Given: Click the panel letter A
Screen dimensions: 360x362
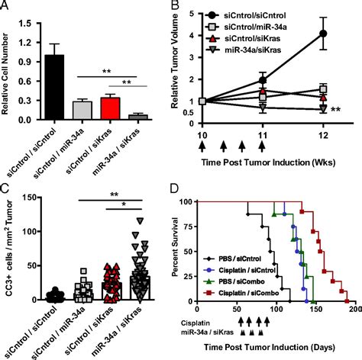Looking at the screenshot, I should point(6,7).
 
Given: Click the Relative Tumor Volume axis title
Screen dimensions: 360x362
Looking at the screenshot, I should point(193,64).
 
